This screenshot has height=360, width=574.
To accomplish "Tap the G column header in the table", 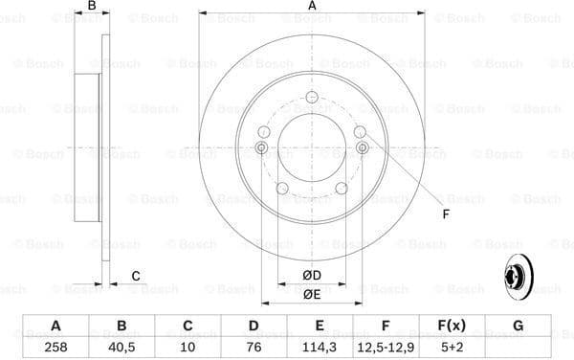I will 518,326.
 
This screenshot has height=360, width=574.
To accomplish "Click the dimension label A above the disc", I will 312,8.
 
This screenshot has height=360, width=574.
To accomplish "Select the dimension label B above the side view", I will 92,8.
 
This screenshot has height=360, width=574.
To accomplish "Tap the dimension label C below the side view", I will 136,277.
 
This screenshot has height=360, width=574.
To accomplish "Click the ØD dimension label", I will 312,277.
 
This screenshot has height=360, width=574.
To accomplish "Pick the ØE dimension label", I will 312,295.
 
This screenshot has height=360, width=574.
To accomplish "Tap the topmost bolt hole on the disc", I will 312,97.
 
